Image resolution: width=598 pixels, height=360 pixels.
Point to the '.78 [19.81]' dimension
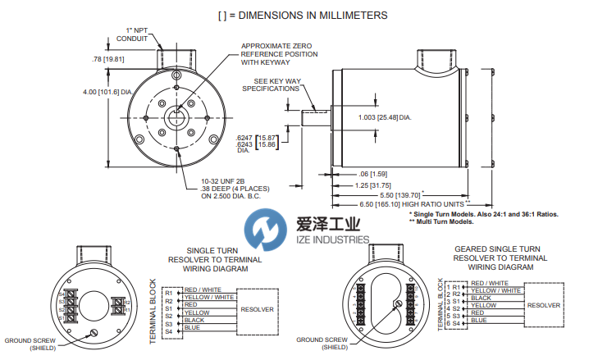coord(108,59)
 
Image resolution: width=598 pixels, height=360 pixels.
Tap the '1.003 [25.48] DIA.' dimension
coord(407,118)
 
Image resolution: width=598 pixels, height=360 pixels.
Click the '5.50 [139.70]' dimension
coord(445,194)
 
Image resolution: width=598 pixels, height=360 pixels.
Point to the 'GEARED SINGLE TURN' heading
coord(496,248)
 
